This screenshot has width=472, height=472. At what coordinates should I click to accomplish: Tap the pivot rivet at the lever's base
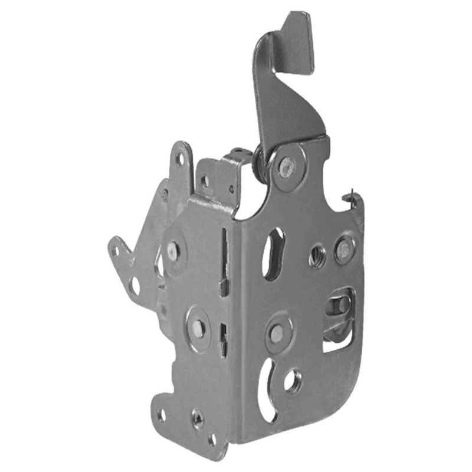click(287, 166)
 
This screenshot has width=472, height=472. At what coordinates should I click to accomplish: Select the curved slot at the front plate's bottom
click(267, 389)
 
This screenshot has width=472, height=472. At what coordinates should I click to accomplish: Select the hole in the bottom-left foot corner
click(162, 415)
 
